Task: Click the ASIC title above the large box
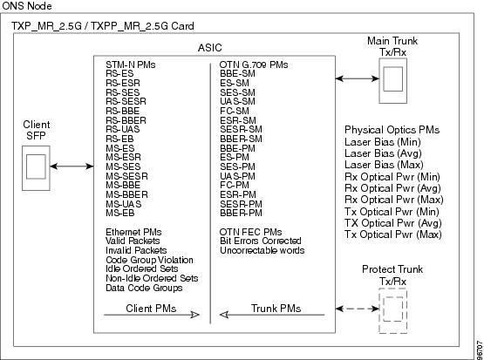209,48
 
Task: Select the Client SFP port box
36,168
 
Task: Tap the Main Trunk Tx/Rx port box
392,80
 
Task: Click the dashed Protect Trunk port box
392,310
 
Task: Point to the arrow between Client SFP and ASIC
72,166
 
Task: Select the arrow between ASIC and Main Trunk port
358,78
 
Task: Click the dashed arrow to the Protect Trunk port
358,309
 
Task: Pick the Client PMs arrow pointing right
152,315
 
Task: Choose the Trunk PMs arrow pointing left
272,315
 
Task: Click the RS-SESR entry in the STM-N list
126,101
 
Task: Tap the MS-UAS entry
124,204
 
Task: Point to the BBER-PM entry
241,214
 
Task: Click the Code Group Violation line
149,260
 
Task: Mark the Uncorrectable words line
262,250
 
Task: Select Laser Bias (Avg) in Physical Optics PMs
383,153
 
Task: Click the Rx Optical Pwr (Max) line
394,200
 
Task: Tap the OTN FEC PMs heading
250,232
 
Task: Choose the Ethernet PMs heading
133,232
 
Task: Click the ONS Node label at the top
27,6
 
